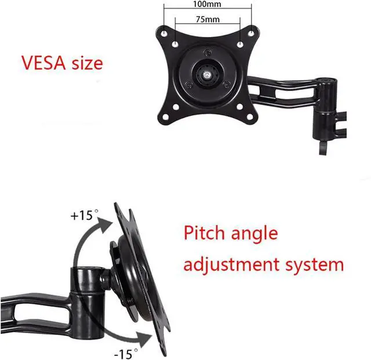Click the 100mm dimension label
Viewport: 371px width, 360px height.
coord(208,4)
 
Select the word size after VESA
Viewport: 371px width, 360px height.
coord(87,62)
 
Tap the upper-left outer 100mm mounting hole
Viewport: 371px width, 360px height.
coord(164,33)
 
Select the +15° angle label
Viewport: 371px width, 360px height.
coord(83,215)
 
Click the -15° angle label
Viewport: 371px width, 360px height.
coord(126,351)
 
